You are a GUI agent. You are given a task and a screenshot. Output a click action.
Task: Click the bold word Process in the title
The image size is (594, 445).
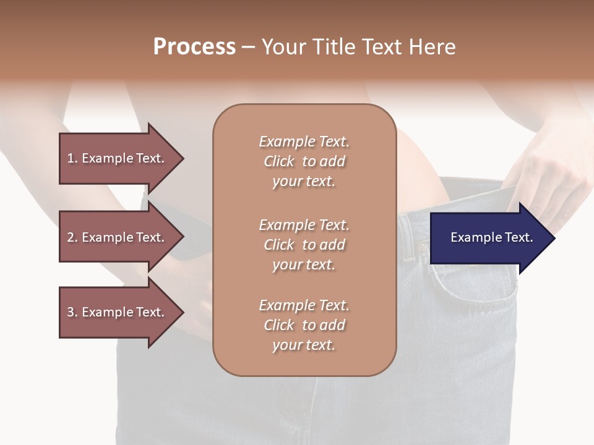point(194,47)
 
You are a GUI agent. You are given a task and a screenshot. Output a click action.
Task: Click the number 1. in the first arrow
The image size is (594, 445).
point(72,158)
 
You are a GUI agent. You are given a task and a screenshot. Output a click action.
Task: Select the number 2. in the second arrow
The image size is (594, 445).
point(72,237)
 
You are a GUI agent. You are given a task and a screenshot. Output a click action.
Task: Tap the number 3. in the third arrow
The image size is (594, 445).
point(72,312)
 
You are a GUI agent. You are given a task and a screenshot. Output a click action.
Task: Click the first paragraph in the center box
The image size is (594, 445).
point(304,161)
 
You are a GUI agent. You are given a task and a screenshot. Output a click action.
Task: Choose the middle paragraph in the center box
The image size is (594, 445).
point(304,245)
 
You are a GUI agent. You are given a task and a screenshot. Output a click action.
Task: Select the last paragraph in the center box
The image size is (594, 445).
point(304,325)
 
